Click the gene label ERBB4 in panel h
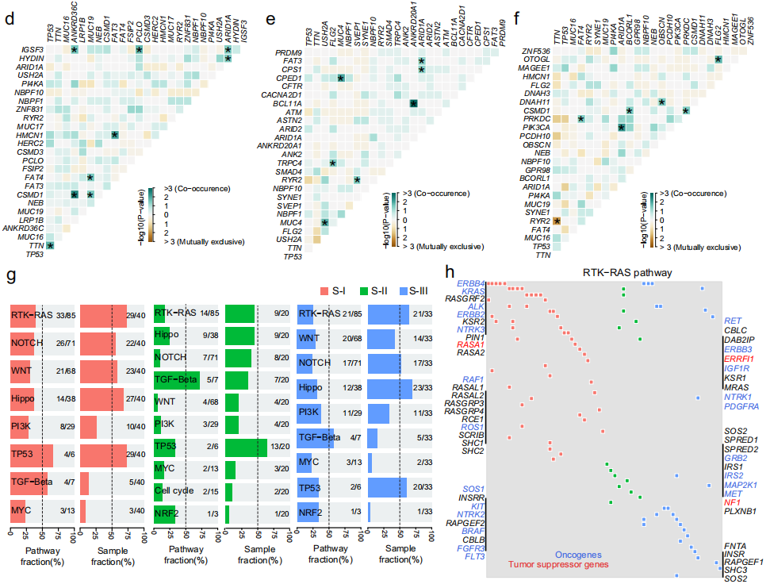pyautogui.click(x=469, y=282)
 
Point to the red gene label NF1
pyautogui.click(x=732, y=502)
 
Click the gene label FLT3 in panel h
pyautogui.click(x=473, y=556)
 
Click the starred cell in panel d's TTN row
pyautogui.click(x=50, y=246)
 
